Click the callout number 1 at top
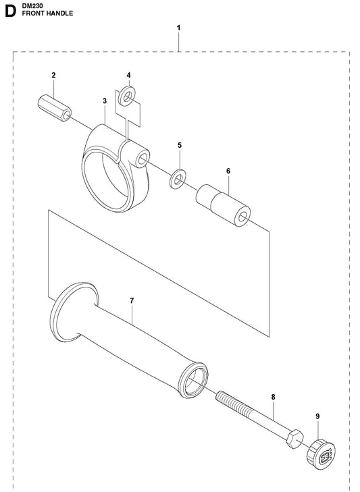pyautogui.click(x=178, y=28)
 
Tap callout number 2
pyautogui.click(x=54, y=75)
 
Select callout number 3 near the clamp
pyautogui.click(x=105, y=101)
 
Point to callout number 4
pyautogui.click(x=128, y=75)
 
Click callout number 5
pyautogui.click(x=180, y=145)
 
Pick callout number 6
pyautogui.click(x=228, y=171)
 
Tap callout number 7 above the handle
pyautogui.click(x=132, y=300)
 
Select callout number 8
pyautogui.click(x=273, y=398)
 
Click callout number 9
pyautogui.click(x=317, y=416)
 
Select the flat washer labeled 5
pyautogui.click(x=178, y=179)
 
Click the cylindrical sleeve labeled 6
pyautogui.click(x=224, y=206)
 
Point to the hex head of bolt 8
pyautogui.click(x=294, y=439)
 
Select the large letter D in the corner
pyautogui.click(x=11, y=11)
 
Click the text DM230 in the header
pyautogui.click(x=30, y=5)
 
